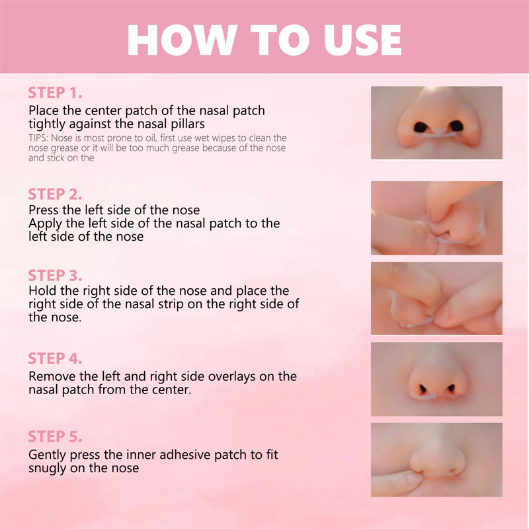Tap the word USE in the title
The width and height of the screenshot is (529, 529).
click(362, 40)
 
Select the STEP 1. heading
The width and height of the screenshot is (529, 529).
click(55, 93)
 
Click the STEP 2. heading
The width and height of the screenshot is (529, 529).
click(55, 194)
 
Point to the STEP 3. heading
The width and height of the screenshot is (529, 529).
click(55, 275)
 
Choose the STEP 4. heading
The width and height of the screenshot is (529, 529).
click(55, 358)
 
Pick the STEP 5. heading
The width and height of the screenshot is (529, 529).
click(55, 436)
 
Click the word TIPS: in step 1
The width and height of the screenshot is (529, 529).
click(38, 138)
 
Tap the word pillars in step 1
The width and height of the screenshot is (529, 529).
click(188, 124)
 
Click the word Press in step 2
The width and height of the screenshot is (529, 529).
click(44, 210)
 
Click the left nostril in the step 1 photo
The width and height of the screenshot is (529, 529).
click(421, 127)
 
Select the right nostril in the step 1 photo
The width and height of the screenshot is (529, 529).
click(456, 126)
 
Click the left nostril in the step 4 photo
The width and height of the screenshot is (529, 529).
click(423, 389)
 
